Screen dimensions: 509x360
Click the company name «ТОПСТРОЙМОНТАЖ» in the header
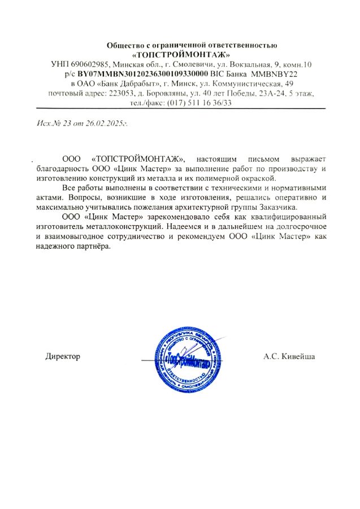pyautogui.click(x=181, y=55)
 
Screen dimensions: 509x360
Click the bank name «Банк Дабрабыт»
pyautogui.click(x=125, y=83)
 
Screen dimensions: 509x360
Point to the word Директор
pyautogui.click(x=63, y=356)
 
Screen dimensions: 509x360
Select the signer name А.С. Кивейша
pyautogui.click(x=289, y=356)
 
